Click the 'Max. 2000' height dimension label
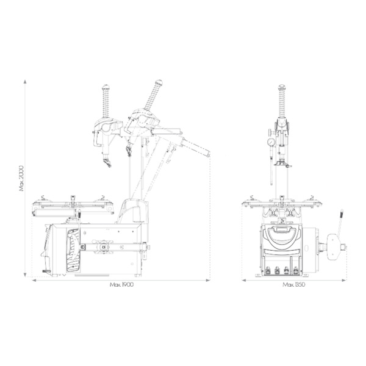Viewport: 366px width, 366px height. [21, 178]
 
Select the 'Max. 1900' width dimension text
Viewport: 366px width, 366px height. [121, 284]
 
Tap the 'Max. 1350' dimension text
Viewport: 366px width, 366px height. [293, 284]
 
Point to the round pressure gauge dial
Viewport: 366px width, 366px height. [271, 142]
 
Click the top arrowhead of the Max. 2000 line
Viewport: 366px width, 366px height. [25, 82]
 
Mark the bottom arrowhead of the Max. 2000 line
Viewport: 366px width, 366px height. [25, 274]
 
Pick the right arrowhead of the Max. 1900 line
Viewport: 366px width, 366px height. [208, 280]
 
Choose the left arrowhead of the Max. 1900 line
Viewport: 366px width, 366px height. [34, 280]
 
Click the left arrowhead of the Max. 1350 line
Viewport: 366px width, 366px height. [244, 280]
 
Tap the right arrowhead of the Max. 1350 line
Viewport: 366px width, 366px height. [343, 280]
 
